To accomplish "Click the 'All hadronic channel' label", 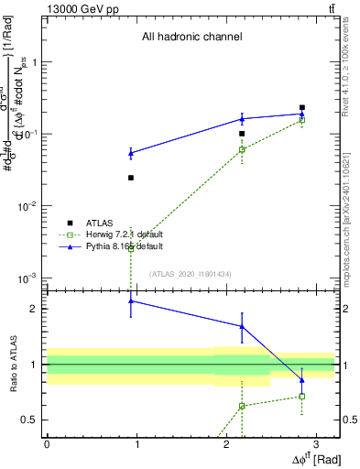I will tap(191, 38).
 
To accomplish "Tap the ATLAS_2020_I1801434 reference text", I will tap(191, 274).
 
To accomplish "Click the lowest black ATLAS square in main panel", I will tap(131, 178).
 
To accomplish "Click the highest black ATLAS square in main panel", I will tap(301, 107).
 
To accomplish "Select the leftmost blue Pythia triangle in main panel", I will tap(131, 152).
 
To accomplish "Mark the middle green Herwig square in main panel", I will tap(242, 149).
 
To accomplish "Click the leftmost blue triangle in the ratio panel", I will tap(131, 300).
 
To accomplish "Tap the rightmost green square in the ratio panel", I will tap(301, 397).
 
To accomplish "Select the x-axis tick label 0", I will tap(47, 444).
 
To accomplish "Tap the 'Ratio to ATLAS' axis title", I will tap(13, 364).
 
